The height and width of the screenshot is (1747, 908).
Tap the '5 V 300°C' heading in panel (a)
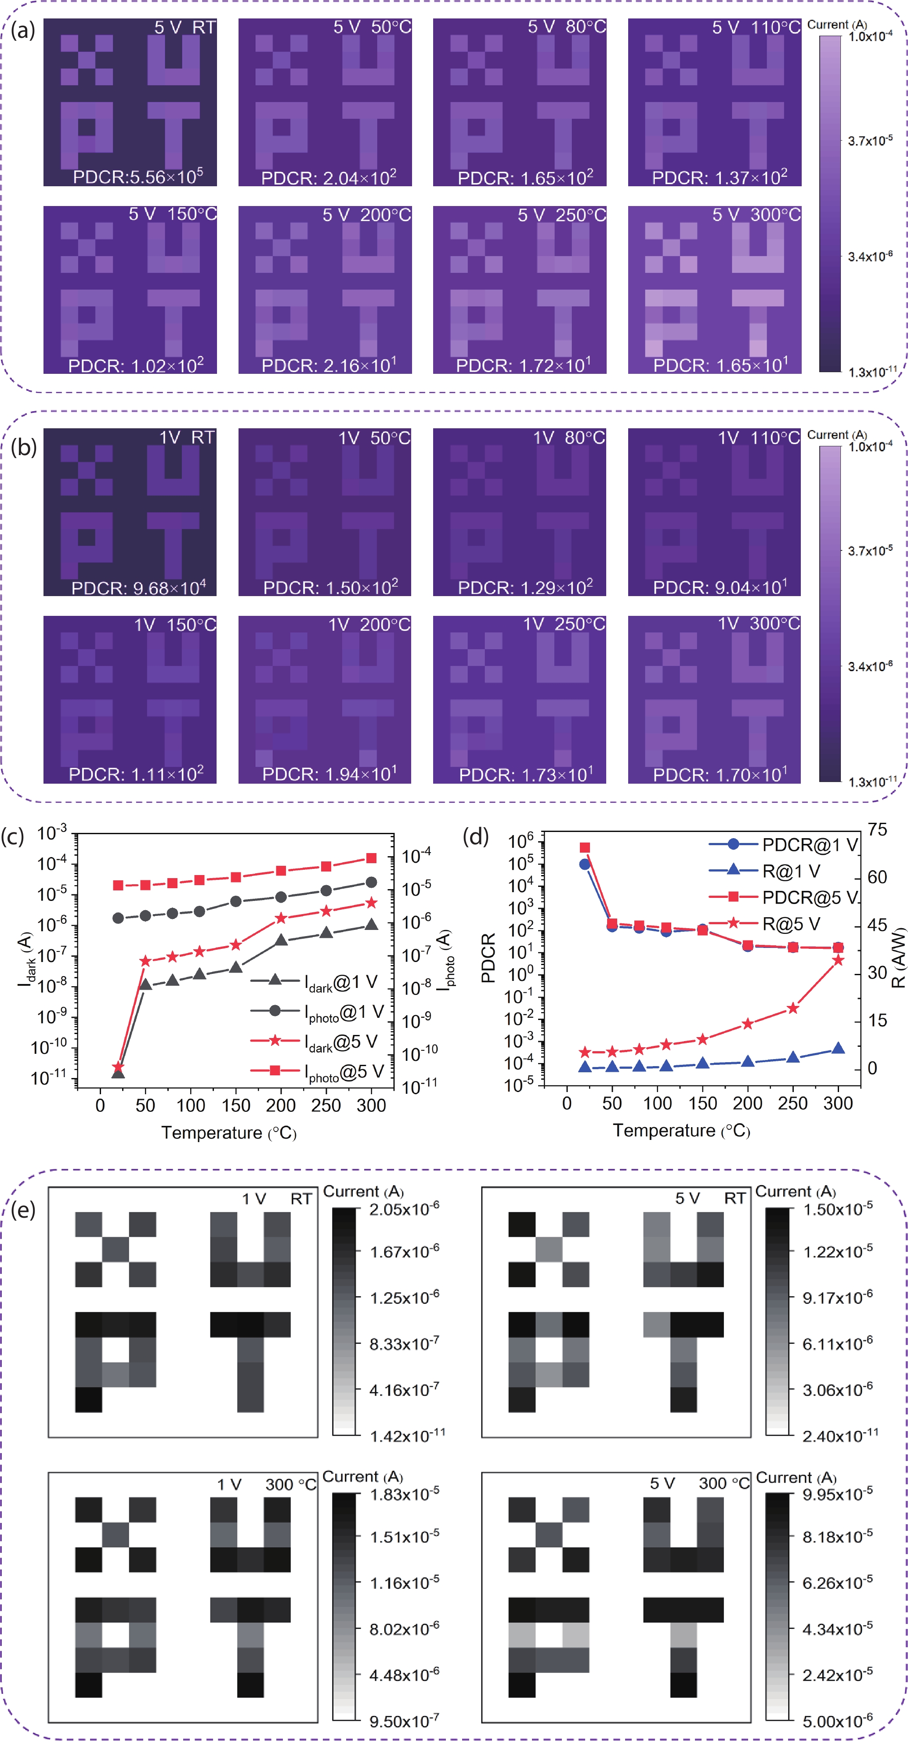(756, 215)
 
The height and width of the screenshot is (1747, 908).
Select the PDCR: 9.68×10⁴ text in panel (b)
(138, 587)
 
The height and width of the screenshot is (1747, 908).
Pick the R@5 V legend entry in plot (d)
(766, 924)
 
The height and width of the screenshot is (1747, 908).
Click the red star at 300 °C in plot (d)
(838, 960)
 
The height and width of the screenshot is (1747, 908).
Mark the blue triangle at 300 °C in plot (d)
(838, 1048)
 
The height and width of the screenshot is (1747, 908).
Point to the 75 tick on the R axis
(878, 830)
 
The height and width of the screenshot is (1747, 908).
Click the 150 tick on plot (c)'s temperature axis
(235, 1106)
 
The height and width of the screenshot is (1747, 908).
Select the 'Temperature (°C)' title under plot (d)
(681, 1131)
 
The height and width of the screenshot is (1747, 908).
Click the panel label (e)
(22, 1210)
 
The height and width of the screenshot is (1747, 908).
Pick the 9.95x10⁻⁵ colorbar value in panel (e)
(837, 1494)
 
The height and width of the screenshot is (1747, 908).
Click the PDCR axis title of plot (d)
(488, 958)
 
